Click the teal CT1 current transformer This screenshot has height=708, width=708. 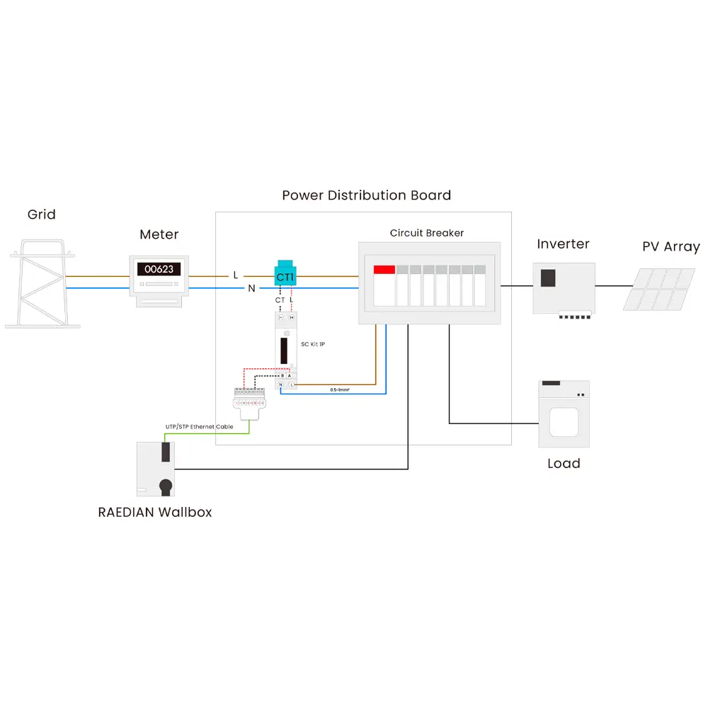click(x=284, y=275)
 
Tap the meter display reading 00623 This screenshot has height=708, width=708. click(x=159, y=269)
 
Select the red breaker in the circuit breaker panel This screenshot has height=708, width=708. click(x=384, y=270)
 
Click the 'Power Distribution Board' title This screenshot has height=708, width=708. click(x=366, y=195)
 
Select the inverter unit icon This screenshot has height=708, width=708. click(x=564, y=288)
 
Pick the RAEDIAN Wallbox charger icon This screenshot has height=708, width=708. click(x=156, y=468)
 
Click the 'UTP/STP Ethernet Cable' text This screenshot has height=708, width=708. click(x=199, y=427)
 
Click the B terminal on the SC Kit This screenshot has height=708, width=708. click(x=282, y=375)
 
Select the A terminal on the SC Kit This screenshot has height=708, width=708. click(x=290, y=375)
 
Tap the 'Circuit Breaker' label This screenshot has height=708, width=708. click(x=427, y=233)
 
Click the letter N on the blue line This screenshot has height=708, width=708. click(x=251, y=288)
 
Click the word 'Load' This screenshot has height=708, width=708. click(x=564, y=464)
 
